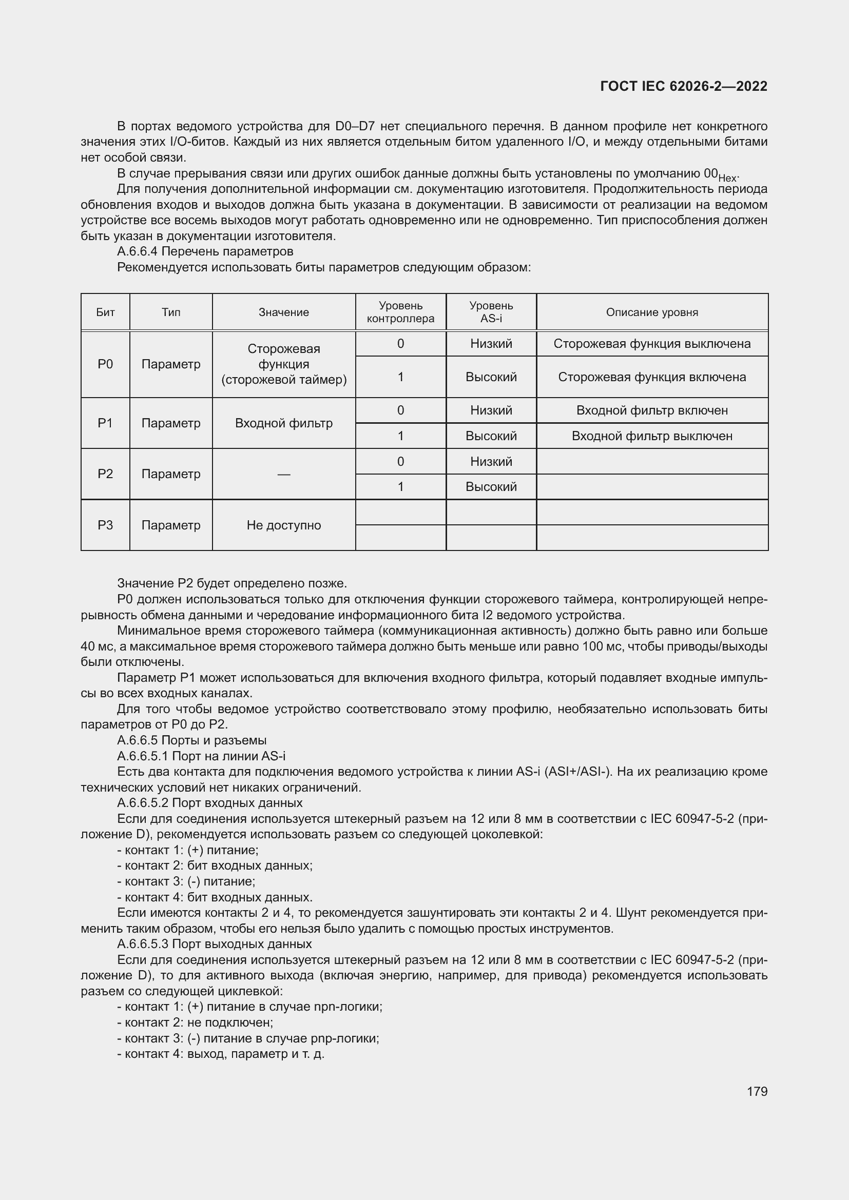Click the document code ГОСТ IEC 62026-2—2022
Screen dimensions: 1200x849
coord(683,86)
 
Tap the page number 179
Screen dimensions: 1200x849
coord(757,1091)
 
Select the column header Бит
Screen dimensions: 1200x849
coord(105,312)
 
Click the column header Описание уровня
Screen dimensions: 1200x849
coord(652,312)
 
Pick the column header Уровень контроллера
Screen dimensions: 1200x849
coord(400,312)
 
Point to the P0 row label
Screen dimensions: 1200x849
coord(105,364)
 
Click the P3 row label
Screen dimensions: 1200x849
coord(105,525)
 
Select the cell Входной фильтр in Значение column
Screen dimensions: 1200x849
coord(283,423)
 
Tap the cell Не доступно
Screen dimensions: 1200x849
coord(283,525)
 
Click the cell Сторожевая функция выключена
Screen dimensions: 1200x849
coord(652,343)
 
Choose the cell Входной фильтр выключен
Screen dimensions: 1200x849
coord(652,436)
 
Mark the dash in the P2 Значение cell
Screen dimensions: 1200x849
coord(283,474)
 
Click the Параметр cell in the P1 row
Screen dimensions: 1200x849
coord(170,423)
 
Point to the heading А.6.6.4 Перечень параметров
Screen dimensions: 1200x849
coord(205,251)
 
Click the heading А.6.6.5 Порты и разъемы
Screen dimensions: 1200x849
coord(192,740)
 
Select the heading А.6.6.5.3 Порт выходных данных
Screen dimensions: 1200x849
coord(215,944)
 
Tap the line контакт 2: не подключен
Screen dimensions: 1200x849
coord(195,1022)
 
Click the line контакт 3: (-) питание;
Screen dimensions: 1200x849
coord(186,881)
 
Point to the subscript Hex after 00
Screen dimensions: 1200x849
coord(727,178)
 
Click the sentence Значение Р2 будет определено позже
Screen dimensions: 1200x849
coord(232,583)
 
